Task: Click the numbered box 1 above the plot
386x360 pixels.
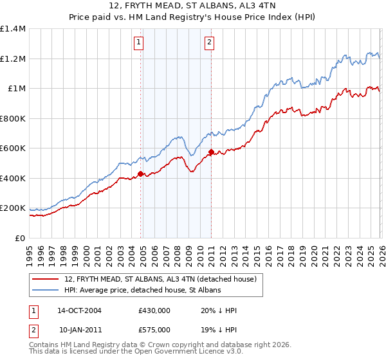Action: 139,43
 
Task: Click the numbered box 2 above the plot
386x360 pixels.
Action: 210,43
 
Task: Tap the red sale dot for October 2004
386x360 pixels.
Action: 141,174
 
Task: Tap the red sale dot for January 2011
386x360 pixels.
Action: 211,152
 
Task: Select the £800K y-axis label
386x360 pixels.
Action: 13,118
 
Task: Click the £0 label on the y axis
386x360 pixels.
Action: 19,238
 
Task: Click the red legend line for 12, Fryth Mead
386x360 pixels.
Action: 46,279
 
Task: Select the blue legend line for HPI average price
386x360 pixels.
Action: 46,291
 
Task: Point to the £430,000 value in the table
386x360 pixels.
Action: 154,310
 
